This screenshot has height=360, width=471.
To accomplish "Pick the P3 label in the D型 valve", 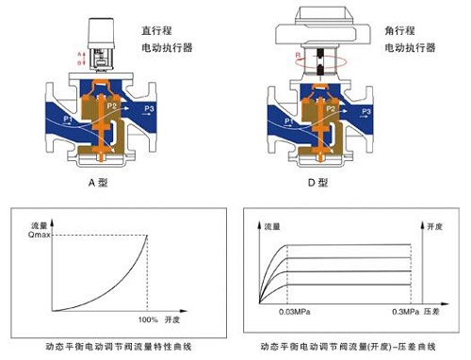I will pos(373,109).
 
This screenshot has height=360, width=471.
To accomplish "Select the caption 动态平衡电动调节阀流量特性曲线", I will pos(120,347).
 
